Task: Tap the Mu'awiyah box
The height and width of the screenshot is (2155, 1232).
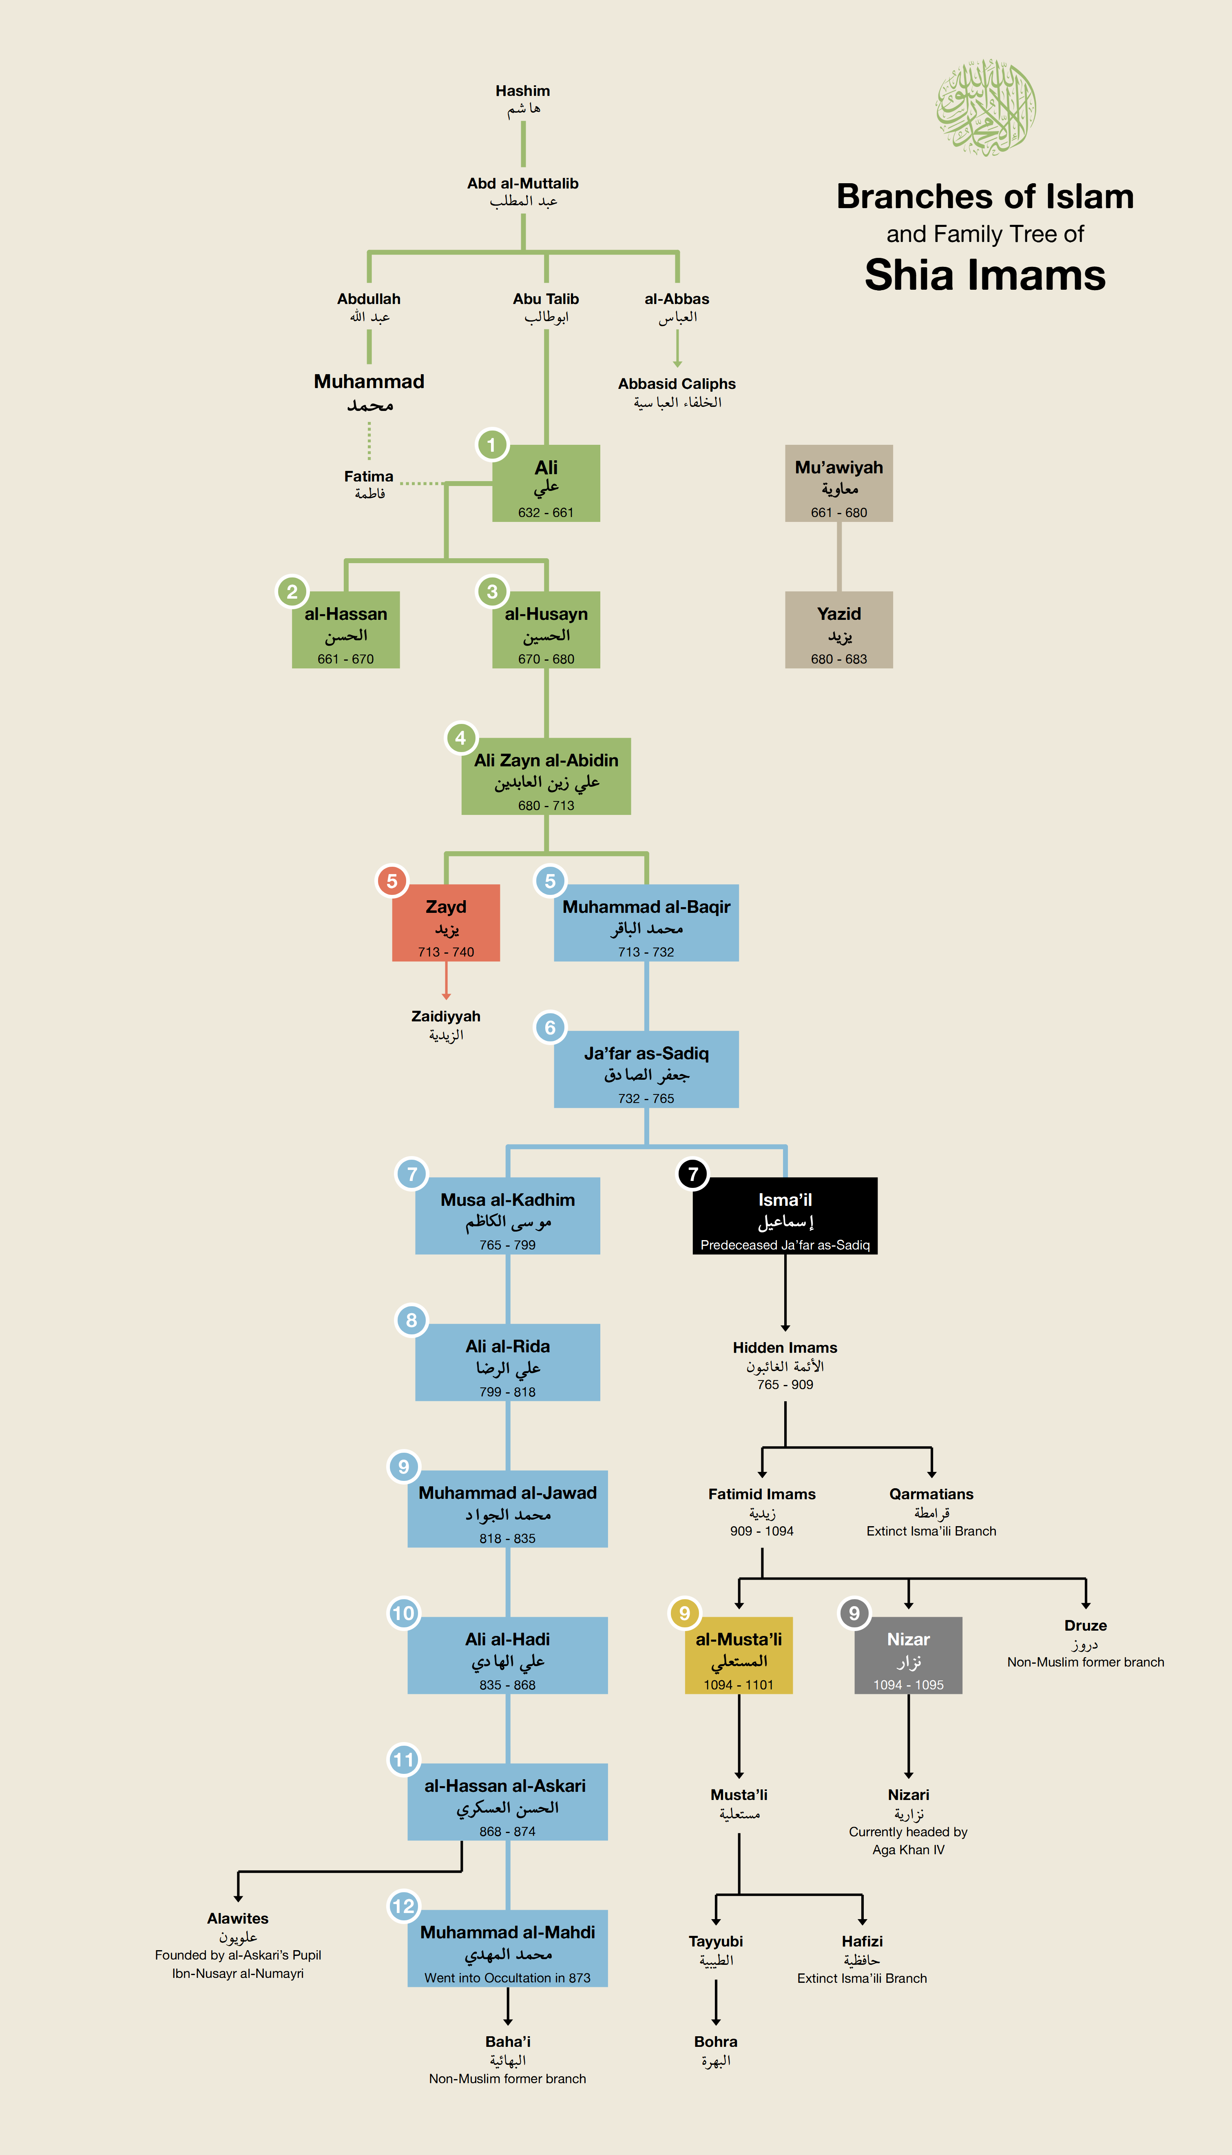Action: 838,483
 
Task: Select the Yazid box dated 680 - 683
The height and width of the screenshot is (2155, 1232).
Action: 838,630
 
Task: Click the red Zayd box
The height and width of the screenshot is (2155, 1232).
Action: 446,923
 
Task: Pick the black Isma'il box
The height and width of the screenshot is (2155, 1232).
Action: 785,1216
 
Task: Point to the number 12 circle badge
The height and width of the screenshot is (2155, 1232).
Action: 404,1906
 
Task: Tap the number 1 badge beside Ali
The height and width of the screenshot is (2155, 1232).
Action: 491,444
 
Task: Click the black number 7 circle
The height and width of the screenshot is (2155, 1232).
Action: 693,1174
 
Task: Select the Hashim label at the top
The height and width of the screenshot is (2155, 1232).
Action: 523,91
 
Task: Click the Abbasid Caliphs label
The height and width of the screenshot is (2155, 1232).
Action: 677,384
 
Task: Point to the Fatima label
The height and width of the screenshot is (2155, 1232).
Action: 369,477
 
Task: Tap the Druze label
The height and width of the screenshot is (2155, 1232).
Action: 1086,1625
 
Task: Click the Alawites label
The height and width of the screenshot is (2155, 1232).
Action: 238,1918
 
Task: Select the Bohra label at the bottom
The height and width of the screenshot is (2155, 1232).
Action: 716,2042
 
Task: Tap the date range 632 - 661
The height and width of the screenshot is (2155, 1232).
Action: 546,512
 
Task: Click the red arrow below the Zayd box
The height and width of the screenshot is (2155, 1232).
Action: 446,981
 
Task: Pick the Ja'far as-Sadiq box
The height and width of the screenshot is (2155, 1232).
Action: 646,1069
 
